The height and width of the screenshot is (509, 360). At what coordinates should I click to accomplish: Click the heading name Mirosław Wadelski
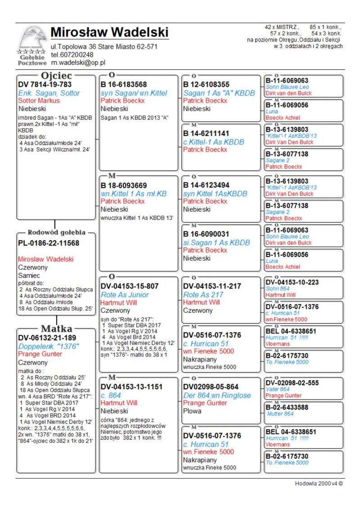[x=109, y=32]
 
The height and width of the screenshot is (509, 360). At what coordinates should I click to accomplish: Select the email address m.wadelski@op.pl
[x=78, y=63]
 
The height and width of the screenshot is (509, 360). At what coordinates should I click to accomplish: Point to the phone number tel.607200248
[x=72, y=54]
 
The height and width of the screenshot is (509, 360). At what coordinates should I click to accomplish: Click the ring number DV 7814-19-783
[x=45, y=84]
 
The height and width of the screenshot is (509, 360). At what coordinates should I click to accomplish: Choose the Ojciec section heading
[x=55, y=75]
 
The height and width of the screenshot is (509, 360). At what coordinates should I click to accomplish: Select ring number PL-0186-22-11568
[x=49, y=243]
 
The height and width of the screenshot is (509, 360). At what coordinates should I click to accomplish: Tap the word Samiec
[x=29, y=275]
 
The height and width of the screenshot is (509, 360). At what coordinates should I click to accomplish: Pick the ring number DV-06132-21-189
[x=47, y=338]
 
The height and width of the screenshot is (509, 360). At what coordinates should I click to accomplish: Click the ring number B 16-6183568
[x=124, y=84]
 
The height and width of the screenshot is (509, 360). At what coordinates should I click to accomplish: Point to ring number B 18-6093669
[x=124, y=185]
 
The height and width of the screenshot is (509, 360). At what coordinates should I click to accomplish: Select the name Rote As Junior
[x=125, y=295]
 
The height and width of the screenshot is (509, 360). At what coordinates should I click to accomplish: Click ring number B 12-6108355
[x=207, y=84]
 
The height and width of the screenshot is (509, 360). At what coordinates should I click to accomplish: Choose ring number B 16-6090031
[x=207, y=234]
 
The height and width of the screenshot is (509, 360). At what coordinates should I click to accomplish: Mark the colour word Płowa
[x=193, y=411]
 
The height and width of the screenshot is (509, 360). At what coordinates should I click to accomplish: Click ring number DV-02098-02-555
[x=292, y=383]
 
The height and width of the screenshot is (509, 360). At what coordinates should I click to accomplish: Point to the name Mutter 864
[x=280, y=414]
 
